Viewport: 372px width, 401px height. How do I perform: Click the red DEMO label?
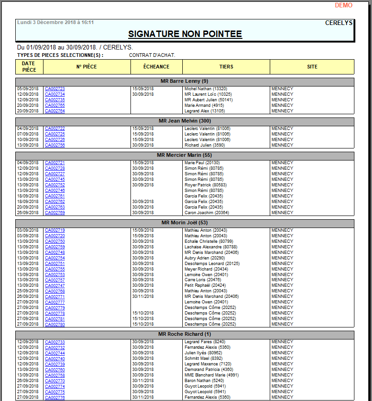pos(344,5)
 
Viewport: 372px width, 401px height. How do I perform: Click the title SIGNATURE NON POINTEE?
pos(185,34)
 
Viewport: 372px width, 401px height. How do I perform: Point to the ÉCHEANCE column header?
pos(156,67)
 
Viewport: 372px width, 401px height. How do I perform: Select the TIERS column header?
pos(226,67)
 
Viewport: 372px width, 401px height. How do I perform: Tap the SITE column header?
pos(312,67)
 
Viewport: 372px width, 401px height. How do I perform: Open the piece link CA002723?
pos(55,89)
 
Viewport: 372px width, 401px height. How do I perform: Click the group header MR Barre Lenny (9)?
pos(185,81)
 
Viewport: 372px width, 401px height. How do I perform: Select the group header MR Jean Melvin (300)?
pos(185,121)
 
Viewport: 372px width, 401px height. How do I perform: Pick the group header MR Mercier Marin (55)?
pos(185,155)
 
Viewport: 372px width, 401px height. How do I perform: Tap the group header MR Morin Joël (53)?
pos(185,223)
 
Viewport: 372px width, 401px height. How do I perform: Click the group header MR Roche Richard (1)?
pos(185,334)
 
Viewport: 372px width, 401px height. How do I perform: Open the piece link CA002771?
pos(55,297)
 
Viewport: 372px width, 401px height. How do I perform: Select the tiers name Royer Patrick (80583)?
pos(206,185)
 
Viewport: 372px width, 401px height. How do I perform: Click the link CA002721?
pos(55,163)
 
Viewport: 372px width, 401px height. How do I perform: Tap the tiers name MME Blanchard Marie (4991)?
pos(211,375)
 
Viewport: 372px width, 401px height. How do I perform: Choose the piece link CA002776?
pos(55,397)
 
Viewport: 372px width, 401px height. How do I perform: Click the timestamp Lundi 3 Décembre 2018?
pos(56,22)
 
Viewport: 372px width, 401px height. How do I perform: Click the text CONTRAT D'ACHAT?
pos(152,56)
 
